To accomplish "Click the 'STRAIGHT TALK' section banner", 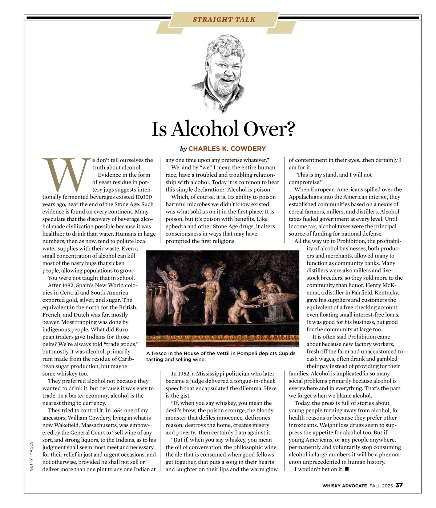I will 224,20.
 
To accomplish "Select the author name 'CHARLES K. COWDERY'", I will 227,149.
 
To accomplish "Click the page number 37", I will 399,485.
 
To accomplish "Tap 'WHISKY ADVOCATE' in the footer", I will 344,486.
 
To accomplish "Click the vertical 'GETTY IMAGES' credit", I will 31,456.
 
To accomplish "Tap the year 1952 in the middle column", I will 183,374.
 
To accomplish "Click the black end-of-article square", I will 347,469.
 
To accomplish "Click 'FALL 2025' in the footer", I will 381,486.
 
